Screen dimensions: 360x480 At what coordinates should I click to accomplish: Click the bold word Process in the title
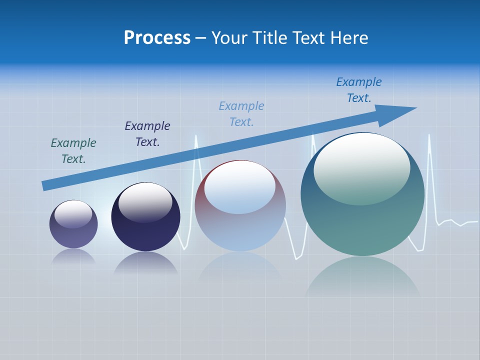[x=157, y=38]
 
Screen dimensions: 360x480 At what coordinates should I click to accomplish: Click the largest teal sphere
[x=362, y=225]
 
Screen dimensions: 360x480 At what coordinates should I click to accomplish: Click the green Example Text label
[x=73, y=151]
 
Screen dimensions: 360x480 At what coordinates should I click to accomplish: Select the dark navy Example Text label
[x=147, y=134]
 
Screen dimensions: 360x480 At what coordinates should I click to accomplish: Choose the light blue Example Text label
[x=241, y=114]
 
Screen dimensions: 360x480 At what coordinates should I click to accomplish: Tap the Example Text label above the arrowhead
[x=359, y=90]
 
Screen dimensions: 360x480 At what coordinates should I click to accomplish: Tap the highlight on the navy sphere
[x=145, y=202]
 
